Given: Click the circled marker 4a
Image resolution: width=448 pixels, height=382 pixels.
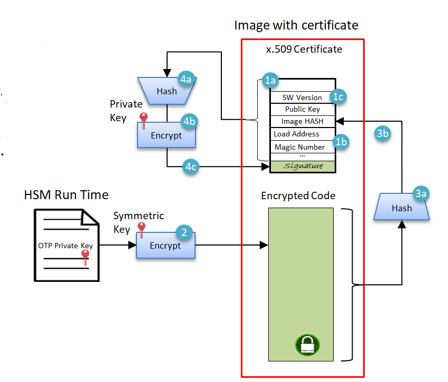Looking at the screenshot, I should tap(186, 79).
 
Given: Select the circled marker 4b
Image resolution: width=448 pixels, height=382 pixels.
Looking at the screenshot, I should tap(188, 121).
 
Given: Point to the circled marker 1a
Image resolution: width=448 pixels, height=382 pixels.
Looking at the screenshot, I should tap(271, 81).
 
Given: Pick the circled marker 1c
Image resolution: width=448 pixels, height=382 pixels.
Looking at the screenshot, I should tap(338, 96).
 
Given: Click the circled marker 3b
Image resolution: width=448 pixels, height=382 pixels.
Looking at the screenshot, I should tap(383, 134).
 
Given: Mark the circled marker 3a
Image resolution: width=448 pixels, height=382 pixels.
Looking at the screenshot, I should tap(420, 194).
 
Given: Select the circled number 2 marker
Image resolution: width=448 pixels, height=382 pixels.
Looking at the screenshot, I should tap(184, 232).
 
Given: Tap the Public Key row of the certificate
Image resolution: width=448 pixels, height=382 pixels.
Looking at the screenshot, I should tap(303, 109).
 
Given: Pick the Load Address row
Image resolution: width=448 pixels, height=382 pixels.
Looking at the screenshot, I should tap(297, 134).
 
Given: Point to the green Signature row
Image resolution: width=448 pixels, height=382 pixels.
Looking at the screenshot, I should tap(303, 166).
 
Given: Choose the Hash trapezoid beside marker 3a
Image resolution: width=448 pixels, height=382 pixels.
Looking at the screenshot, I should tap(401, 208).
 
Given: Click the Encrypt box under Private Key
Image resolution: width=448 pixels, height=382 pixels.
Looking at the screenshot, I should tap(167, 135).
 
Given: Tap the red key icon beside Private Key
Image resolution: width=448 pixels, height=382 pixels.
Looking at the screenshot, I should tap(142, 117).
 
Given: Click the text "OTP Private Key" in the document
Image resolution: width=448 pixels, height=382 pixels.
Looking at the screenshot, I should tap(65, 246).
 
